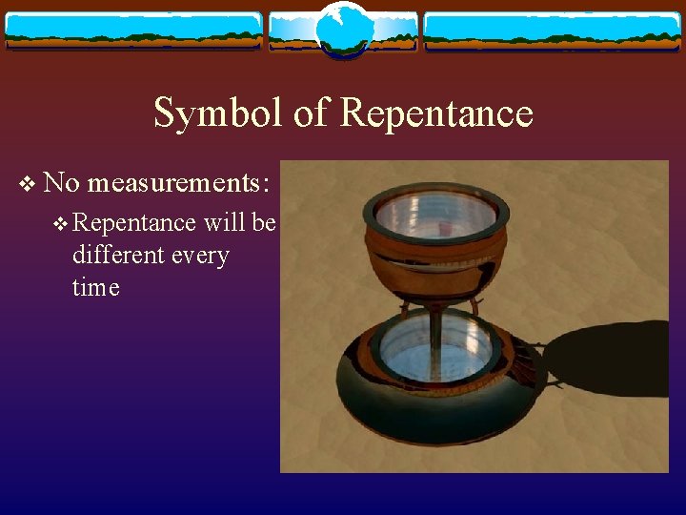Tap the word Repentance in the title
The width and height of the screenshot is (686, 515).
(x=436, y=113)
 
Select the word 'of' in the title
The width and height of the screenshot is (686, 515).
(x=310, y=113)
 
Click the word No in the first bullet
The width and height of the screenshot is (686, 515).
(x=61, y=181)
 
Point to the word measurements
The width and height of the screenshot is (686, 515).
(x=179, y=182)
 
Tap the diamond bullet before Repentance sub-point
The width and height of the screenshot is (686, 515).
(x=62, y=224)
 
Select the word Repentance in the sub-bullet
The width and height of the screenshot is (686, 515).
(x=132, y=224)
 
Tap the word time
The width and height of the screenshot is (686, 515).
(x=95, y=287)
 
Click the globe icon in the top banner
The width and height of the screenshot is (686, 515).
(x=342, y=30)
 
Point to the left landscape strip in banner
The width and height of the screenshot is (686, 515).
(x=133, y=31)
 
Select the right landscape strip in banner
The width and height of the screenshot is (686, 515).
(x=552, y=31)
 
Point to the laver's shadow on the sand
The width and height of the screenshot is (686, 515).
(x=610, y=358)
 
